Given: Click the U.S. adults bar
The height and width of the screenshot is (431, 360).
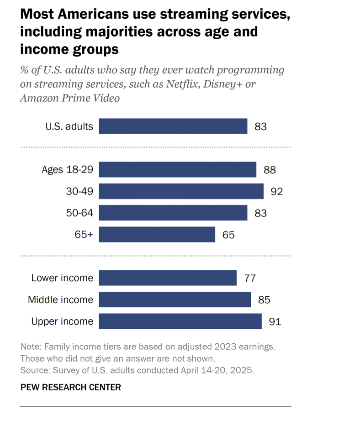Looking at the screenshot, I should (x=173, y=126).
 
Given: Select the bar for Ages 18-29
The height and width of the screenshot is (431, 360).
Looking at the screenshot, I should (x=177, y=170).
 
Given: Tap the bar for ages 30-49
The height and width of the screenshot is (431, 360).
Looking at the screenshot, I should (x=181, y=191).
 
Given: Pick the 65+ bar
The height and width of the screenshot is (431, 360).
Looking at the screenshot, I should (x=157, y=235).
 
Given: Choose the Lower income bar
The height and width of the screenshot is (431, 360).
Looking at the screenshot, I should (x=168, y=278).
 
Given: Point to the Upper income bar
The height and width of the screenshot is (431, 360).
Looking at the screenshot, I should (x=180, y=321).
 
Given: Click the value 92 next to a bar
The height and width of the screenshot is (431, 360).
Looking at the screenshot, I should (x=276, y=191).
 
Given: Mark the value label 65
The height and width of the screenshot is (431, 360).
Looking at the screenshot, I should (x=228, y=235).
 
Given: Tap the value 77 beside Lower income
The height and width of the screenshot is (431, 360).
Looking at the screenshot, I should (x=249, y=278).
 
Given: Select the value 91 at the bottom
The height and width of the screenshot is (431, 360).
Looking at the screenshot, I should (x=275, y=321).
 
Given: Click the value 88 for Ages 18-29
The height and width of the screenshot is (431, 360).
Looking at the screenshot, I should (x=270, y=170).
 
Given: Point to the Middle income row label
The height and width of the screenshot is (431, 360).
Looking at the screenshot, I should (x=60, y=300).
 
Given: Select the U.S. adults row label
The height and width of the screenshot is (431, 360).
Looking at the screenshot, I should (x=69, y=126).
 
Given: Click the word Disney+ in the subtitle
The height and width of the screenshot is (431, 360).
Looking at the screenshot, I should (x=221, y=84).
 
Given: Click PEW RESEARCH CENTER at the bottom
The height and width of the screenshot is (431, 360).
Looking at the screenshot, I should (x=71, y=387).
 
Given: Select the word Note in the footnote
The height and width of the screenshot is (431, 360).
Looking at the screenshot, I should (x=30, y=347).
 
